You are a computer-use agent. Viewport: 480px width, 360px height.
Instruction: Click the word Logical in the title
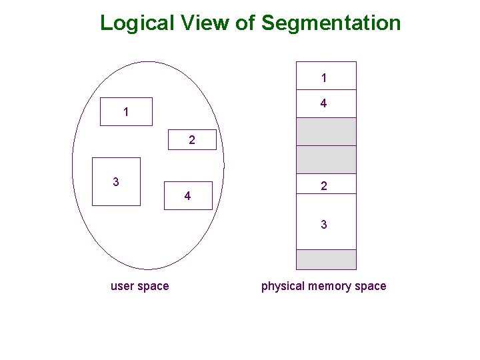pyautogui.click(x=137, y=23)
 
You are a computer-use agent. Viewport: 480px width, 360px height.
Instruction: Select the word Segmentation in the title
pyautogui.click(x=331, y=23)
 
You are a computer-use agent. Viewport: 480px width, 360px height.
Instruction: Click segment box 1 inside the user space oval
pyautogui.click(x=126, y=112)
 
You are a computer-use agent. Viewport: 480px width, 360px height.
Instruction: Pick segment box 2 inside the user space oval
pyautogui.click(x=192, y=140)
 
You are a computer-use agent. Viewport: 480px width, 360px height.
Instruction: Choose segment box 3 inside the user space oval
pyautogui.click(x=116, y=181)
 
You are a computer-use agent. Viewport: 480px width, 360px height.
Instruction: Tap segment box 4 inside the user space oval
pyautogui.click(x=188, y=195)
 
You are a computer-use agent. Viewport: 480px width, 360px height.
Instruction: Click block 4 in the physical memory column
pyautogui.click(x=326, y=103)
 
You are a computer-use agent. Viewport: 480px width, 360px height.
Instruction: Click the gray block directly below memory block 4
pyautogui.click(x=326, y=131)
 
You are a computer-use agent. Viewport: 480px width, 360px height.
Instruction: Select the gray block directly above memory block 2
pyautogui.click(x=326, y=159)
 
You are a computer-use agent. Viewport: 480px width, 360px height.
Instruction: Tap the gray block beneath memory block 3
pyautogui.click(x=326, y=259)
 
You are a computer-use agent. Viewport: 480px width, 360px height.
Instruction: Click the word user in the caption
pyautogui.click(x=122, y=286)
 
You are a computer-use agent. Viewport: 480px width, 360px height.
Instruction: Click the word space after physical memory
pyautogui.click(x=370, y=286)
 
